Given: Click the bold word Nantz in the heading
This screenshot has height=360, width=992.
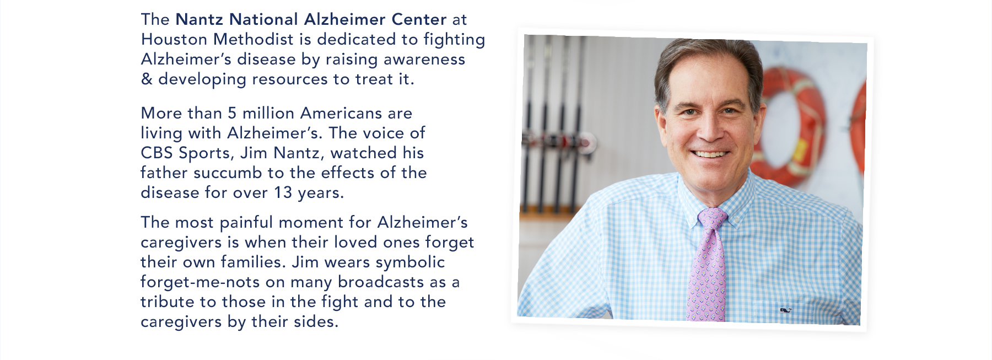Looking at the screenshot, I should coord(200,19).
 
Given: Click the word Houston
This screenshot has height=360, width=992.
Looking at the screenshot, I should coord(174,39).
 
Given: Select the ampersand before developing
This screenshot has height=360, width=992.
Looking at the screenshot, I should coord(146,79).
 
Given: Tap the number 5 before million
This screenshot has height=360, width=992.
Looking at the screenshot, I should coord(232,113).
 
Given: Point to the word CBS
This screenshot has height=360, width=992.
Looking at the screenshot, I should coord(157,153).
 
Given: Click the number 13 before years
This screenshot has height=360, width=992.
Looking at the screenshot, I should coord(283,192).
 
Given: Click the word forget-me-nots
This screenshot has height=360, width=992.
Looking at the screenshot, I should coord(200,282).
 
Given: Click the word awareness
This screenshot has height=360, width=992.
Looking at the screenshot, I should coord(424,59).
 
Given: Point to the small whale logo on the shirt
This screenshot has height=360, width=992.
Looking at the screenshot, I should coord(786,311).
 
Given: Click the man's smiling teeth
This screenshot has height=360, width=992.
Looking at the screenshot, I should coord(710,154).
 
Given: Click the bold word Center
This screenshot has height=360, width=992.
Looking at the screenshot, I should coord(419,19).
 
